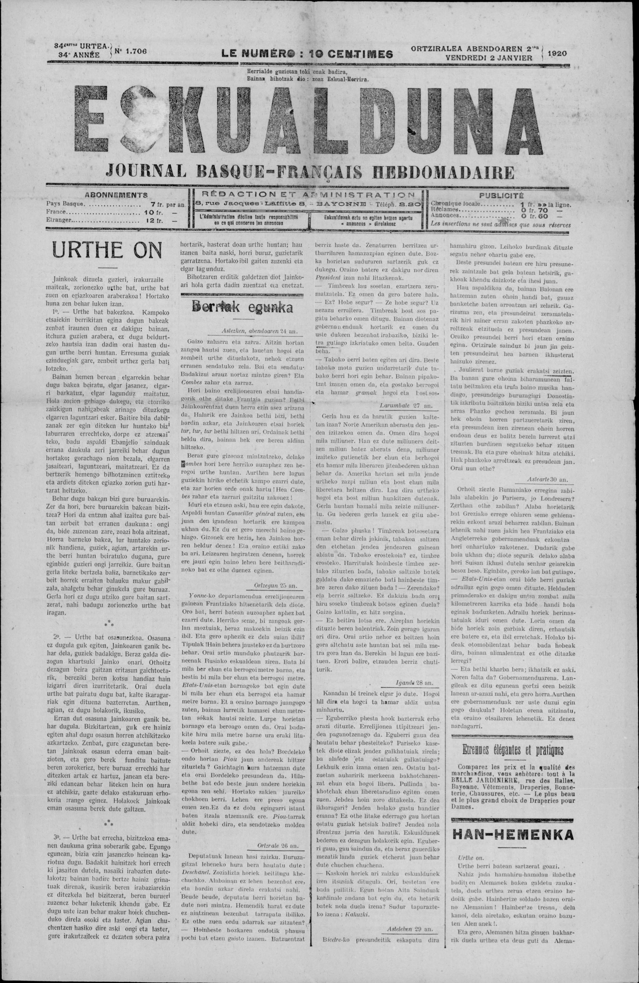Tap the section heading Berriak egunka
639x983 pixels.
click(241, 307)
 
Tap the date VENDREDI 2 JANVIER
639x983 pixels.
click(489, 58)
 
